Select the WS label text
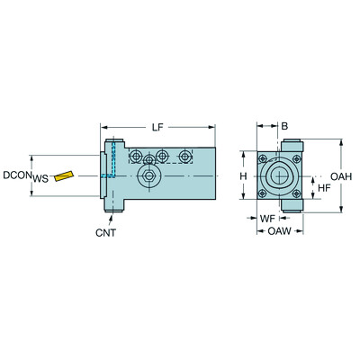[40, 179]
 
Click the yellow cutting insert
[64, 175]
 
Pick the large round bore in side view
[146, 176]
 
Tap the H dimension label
[242, 175]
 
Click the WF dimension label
[266, 218]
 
